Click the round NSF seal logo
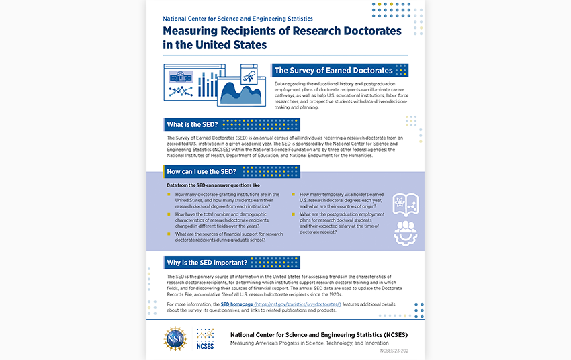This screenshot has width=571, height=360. [x=177, y=338]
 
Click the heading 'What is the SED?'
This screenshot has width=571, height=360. [x=192, y=124]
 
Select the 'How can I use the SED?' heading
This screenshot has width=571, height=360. [x=202, y=171]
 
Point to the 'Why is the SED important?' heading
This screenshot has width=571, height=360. [x=207, y=262]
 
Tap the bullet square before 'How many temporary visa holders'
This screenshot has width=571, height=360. [x=294, y=194]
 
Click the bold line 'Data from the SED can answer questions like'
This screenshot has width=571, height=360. [x=213, y=185]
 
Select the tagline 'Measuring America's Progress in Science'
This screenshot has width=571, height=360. [x=309, y=343]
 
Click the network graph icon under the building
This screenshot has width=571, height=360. [x=180, y=91]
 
